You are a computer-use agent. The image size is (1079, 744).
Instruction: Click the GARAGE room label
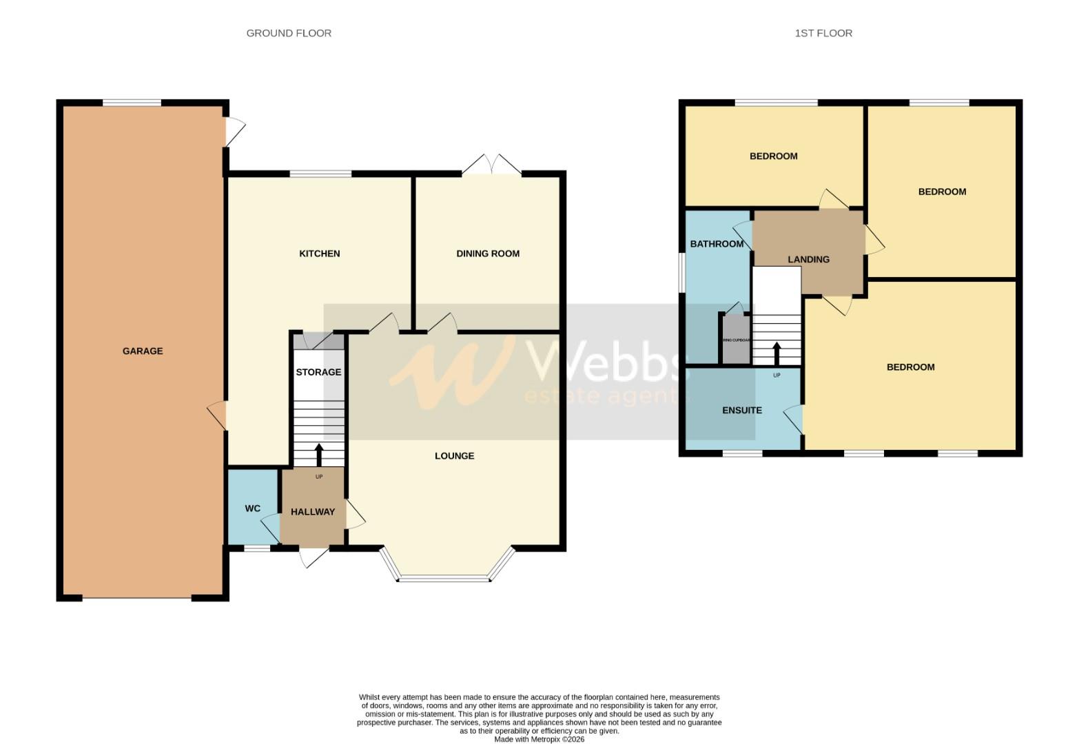(143, 351)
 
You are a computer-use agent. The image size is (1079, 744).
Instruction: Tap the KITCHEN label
(319, 254)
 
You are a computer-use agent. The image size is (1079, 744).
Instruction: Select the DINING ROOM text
(488, 254)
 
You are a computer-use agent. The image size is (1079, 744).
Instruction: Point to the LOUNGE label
(454, 455)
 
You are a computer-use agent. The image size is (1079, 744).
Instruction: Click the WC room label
(252, 508)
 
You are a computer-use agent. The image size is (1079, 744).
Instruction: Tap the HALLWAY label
(312, 512)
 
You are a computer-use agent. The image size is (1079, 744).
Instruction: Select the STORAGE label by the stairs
(318, 372)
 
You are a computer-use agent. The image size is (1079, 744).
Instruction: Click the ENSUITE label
(741, 410)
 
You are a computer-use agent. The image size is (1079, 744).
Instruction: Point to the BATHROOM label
(717, 244)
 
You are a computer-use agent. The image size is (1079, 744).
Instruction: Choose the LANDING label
(808, 259)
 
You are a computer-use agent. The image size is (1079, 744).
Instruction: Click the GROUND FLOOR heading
(289, 33)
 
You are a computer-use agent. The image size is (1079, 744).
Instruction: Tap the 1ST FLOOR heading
(823, 33)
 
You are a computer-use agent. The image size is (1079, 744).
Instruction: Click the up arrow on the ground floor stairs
(318, 454)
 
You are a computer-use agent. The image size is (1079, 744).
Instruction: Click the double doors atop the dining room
(491, 165)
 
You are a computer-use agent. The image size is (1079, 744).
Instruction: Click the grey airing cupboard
(736, 340)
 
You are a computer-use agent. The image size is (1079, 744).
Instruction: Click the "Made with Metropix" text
(539, 739)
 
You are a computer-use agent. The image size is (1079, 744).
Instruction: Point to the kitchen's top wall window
(320, 174)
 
